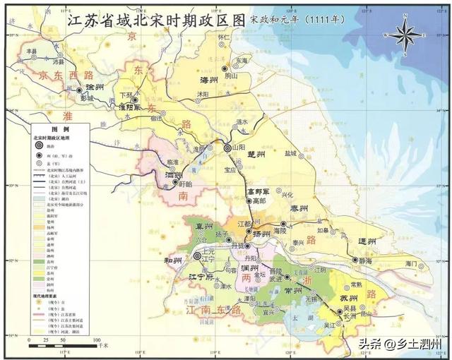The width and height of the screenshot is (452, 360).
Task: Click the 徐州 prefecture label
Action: tap(93, 87)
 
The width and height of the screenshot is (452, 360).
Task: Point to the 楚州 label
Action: tap(256, 153)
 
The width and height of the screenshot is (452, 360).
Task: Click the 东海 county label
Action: tap(242, 61)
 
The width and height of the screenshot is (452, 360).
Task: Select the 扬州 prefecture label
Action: tap(262, 234)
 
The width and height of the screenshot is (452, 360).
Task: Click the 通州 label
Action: tap(367, 241)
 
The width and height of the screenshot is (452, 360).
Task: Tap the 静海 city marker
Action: tap(355, 260)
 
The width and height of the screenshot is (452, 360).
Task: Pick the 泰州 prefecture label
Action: tap(301, 209)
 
